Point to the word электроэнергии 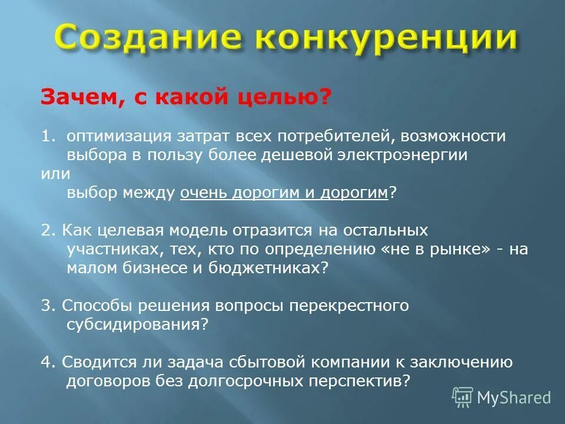pyautogui.click(x=411, y=155)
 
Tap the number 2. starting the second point pyautogui.click(x=48, y=230)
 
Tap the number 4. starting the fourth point pyautogui.click(x=48, y=362)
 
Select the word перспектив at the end pyautogui.click(x=355, y=380)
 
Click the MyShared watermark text pyautogui.click(x=514, y=397)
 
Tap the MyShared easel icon pyautogui.click(x=463, y=398)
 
